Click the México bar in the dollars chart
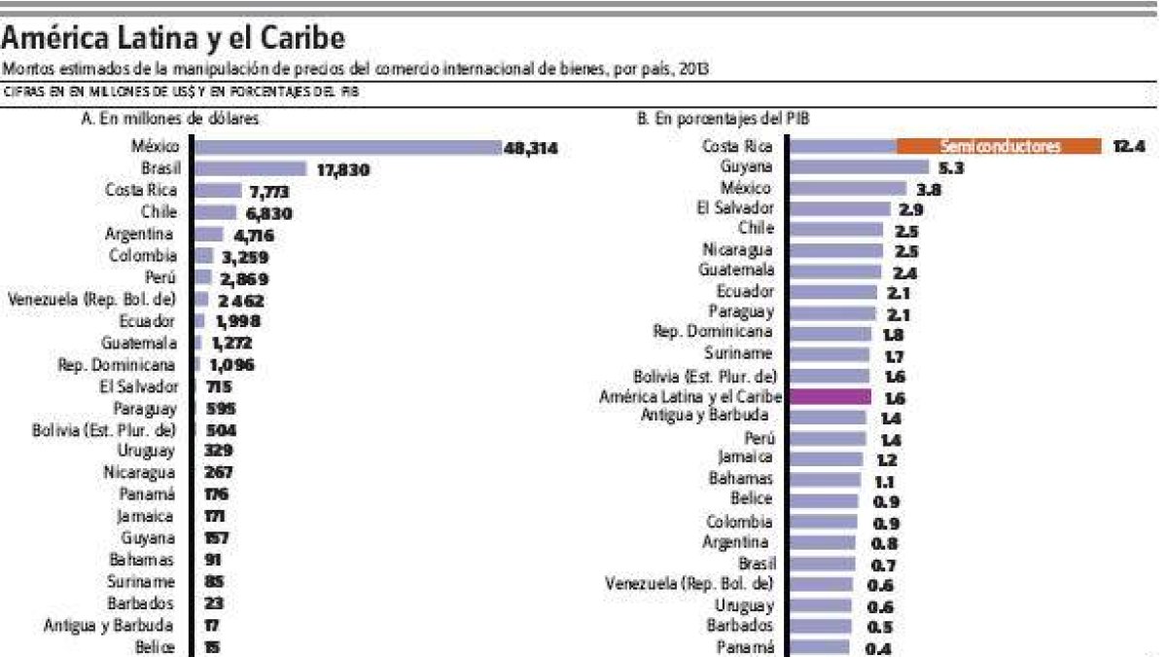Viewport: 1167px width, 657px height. [347, 148]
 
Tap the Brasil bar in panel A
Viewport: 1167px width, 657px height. [251, 169]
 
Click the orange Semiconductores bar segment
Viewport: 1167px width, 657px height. [999, 147]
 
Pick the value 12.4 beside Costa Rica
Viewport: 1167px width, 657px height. [1130, 147]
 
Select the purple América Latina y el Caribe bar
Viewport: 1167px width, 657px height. [830, 397]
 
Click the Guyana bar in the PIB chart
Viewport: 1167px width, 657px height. [848, 167]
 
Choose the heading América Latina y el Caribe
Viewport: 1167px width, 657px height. [173, 39]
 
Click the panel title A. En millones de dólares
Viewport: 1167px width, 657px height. [161, 120]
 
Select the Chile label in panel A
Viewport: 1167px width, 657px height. [159, 211]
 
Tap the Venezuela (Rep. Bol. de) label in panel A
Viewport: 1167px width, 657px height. [92, 299]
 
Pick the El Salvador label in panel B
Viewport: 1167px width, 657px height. [736, 207]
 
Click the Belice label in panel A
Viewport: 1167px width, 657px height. [156, 646]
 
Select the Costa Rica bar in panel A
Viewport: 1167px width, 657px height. [218, 191]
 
